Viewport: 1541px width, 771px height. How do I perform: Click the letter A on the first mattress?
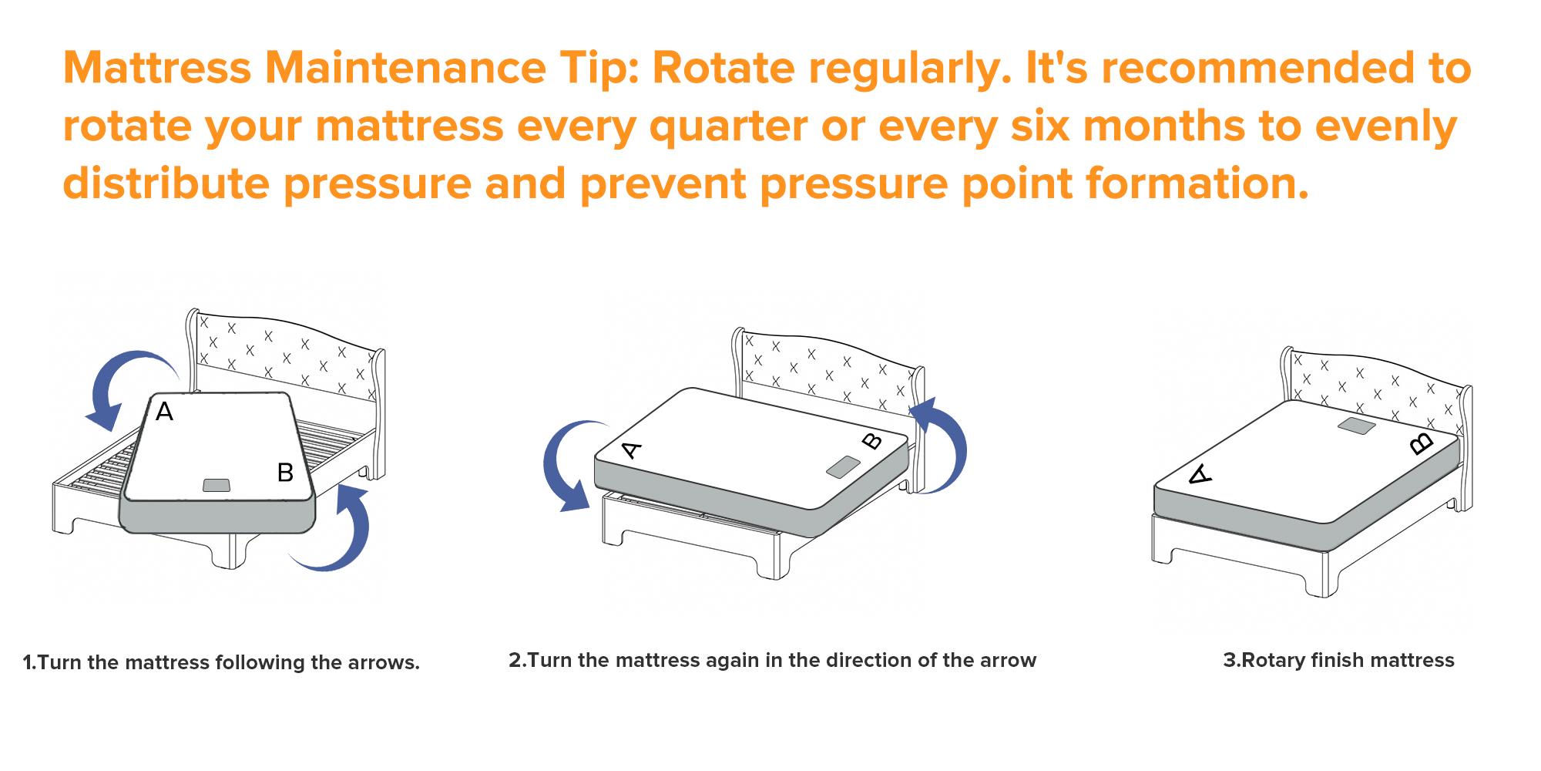click(x=164, y=412)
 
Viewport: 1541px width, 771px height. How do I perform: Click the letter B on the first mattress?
click(x=285, y=472)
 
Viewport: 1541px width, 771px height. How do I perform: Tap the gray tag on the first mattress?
click(x=216, y=485)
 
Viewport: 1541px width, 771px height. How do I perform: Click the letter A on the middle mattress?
click(x=631, y=449)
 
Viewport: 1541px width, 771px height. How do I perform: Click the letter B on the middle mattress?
click(x=871, y=441)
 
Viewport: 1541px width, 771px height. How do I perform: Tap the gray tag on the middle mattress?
click(x=843, y=466)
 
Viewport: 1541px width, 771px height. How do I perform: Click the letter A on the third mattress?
click(x=1200, y=474)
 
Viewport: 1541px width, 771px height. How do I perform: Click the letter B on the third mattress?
click(x=1422, y=443)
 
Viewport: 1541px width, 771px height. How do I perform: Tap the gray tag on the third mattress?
click(x=1357, y=426)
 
